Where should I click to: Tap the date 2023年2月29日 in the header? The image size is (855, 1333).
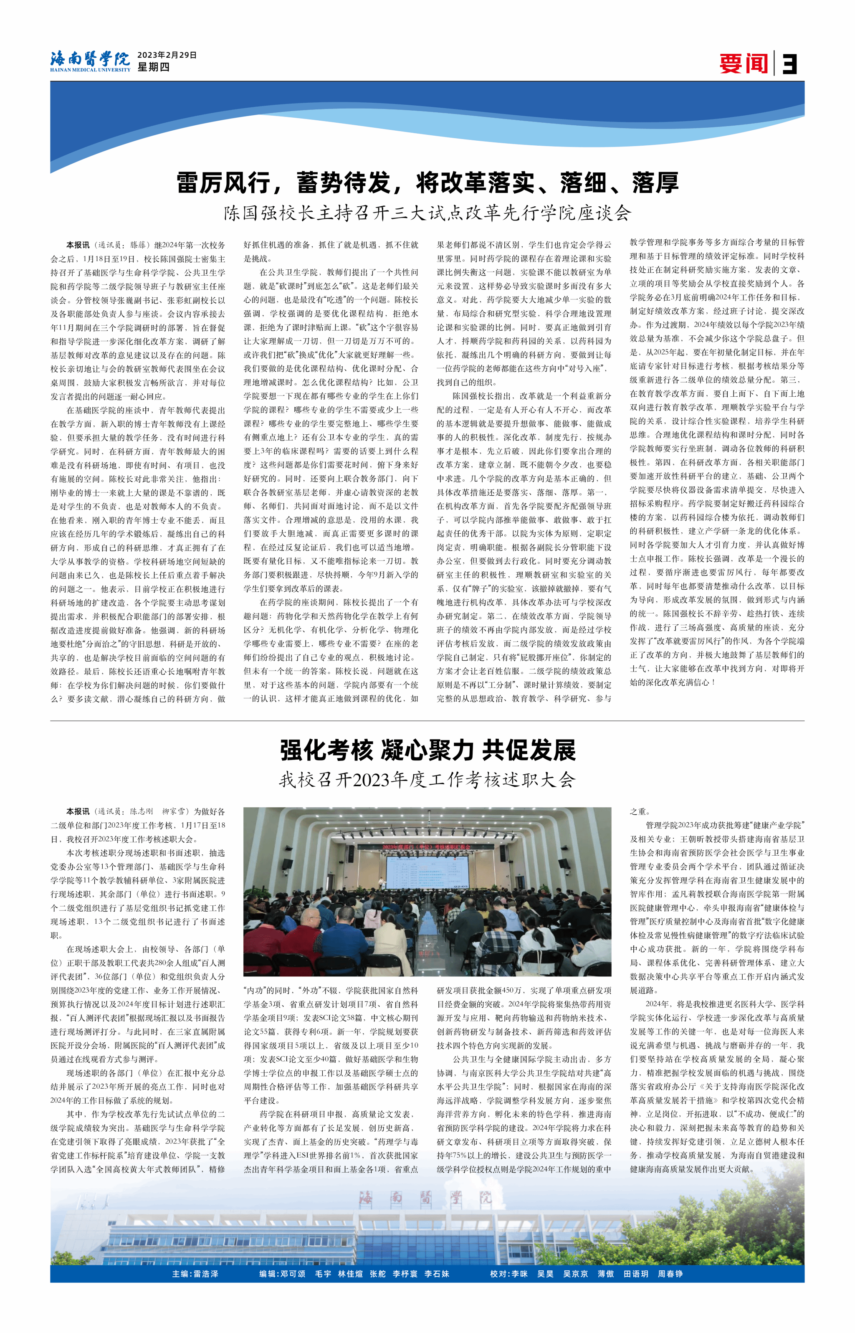point(167,55)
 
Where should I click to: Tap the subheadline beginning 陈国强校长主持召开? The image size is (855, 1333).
point(427,213)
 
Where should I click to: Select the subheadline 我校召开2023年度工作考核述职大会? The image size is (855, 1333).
point(427,780)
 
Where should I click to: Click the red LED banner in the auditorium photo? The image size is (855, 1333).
point(425,846)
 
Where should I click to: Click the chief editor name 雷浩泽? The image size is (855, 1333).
point(205,1274)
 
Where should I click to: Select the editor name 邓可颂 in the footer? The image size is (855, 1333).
point(293,1274)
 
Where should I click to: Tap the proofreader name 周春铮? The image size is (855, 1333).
point(670,1274)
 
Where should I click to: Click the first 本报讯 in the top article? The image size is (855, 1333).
point(78,245)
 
